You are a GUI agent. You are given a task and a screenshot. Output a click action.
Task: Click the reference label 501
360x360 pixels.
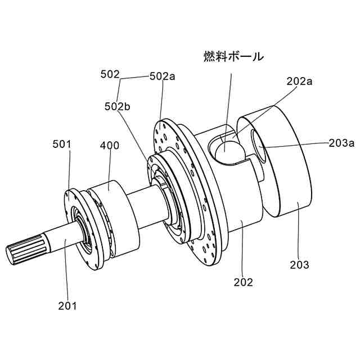(62, 144)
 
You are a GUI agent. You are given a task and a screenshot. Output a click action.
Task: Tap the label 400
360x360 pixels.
(109, 145)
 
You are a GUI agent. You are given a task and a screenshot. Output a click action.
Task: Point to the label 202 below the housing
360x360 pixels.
(244, 282)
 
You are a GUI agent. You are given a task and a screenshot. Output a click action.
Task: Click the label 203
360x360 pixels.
(299, 264)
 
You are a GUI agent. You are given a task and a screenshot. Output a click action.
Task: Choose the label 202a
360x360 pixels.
(300, 81)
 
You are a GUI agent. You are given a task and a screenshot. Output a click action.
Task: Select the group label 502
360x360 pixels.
(110, 74)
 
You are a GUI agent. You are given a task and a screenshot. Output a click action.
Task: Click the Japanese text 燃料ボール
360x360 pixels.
(233, 56)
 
